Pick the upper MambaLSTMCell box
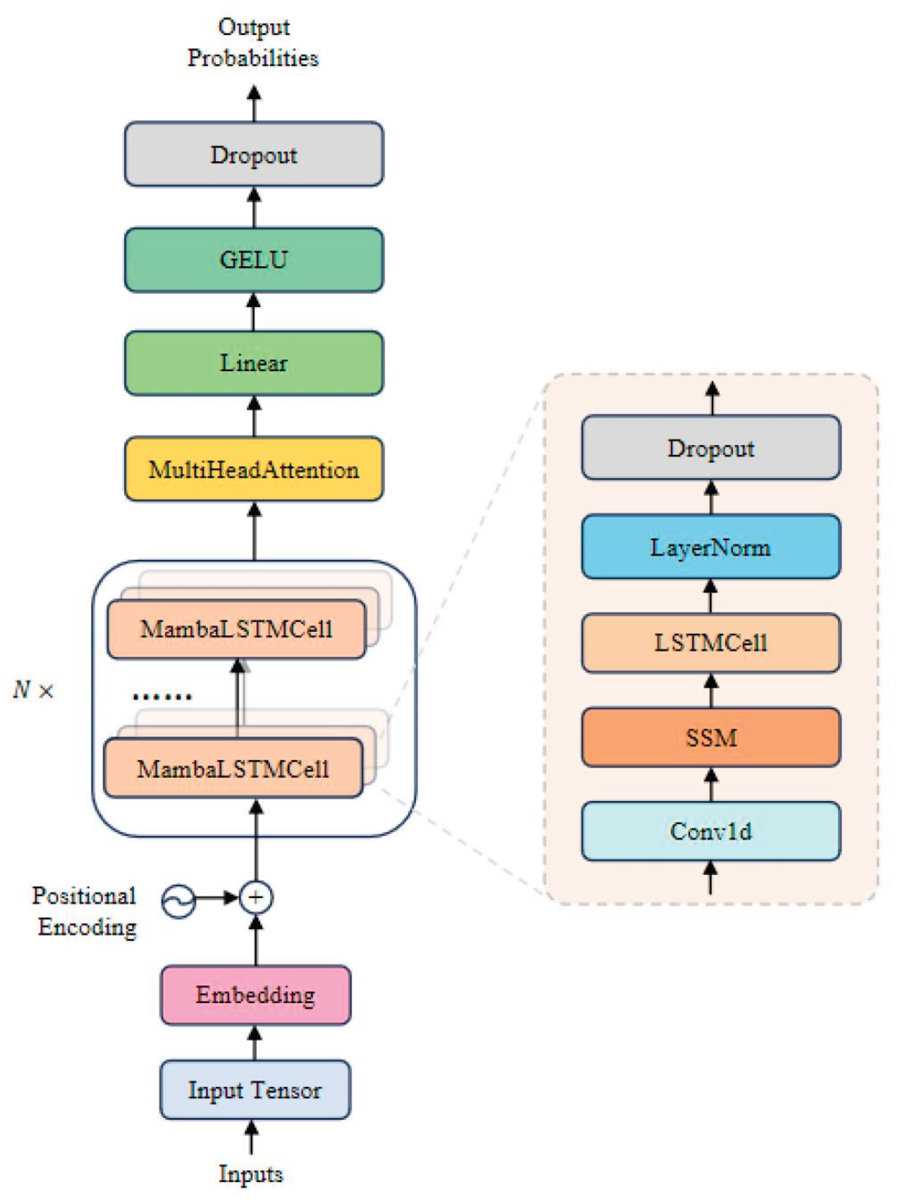[236, 629]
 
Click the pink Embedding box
[255, 995]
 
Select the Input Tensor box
[255, 1090]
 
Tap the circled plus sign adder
[256, 898]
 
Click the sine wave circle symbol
[178, 901]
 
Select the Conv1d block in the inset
[710, 832]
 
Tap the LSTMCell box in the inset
[710, 643]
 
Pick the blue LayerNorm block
[710, 547]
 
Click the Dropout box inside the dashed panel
[710, 448]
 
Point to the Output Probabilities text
[253, 42]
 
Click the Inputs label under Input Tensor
[251, 1174]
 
